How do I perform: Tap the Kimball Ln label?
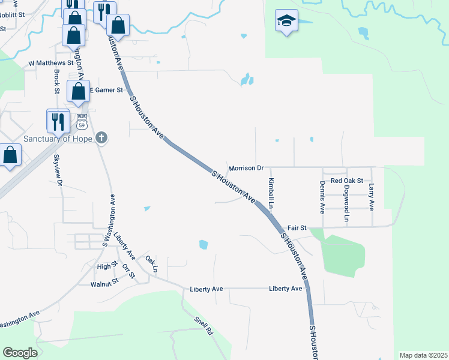point(271,193)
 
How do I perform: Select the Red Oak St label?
point(347,181)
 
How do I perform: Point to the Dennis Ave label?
point(322,197)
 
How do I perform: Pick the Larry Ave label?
point(372,197)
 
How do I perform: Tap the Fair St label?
point(297,228)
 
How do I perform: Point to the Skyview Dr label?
point(58,170)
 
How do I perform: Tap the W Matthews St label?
point(50,62)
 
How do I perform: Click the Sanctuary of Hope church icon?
point(101,138)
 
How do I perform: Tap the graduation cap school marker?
point(286,22)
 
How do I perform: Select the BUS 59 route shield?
point(82,123)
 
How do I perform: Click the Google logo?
point(20,353)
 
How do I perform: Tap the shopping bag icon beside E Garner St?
point(78,92)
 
